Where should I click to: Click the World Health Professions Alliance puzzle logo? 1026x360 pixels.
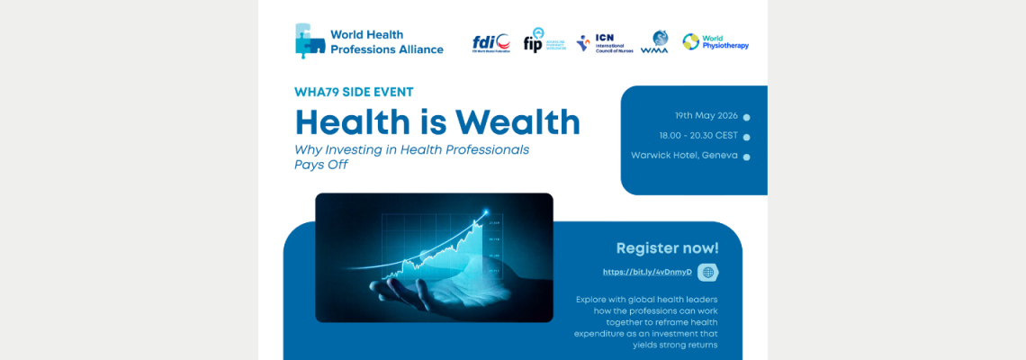point(310,41)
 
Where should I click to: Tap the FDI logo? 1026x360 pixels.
point(491,42)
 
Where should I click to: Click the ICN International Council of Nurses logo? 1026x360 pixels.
point(605,43)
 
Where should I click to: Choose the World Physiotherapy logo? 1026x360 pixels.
point(715,41)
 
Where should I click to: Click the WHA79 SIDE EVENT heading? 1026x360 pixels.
point(354,92)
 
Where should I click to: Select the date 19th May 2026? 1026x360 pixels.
point(706,116)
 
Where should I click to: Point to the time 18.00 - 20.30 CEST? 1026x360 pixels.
point(699,136)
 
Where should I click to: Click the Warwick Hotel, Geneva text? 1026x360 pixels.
point(684,156)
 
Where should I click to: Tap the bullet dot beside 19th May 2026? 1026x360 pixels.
point(746,117)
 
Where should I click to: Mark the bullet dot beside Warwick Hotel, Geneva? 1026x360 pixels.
point(746,157)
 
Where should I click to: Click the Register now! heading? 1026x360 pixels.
point(667,247)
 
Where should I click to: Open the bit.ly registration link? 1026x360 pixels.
point(647,272)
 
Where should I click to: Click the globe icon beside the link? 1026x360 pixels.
point(708,272)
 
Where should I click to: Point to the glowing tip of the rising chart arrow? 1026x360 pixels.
point(487,213)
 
